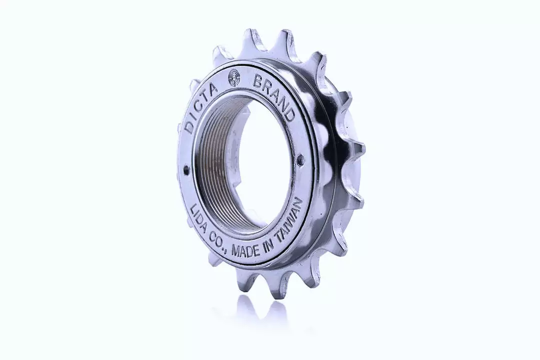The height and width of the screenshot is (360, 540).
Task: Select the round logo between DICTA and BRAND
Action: (233, 78)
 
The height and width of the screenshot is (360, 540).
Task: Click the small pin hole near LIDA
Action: (186, 170)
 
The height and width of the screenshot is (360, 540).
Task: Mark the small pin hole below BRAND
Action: (300, 160)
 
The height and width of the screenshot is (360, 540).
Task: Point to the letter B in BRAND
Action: (258, 81)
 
